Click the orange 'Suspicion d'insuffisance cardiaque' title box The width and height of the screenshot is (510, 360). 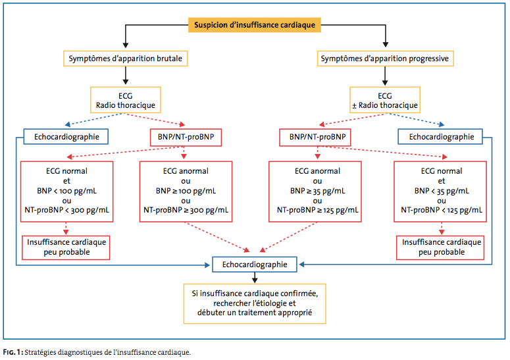click(255, 25)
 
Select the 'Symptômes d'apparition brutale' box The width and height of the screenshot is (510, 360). click(126, 59)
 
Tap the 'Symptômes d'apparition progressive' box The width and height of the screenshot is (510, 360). click(386, 59)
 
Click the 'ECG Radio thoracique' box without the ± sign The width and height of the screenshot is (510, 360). click(126, 100)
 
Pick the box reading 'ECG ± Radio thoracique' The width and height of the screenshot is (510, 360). click(385, 100)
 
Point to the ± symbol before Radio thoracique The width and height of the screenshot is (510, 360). click(354, 106)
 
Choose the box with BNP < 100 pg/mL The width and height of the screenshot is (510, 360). click(66, 192)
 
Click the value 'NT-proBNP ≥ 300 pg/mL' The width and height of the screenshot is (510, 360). click(186, 210)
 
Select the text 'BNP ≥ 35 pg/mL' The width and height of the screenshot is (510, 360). click(317, 191)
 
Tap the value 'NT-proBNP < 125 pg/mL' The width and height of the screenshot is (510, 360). click(442, 210)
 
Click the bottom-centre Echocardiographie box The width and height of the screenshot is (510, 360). click(255, 265)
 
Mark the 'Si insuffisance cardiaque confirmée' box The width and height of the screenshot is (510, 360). click(255, 304)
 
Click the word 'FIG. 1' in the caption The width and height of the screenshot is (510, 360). click(12, 352)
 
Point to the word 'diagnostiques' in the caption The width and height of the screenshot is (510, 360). click(77, 352)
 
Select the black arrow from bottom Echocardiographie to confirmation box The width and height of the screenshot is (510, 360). click(255, 278)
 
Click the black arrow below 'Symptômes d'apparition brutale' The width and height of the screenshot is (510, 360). click(126, 76)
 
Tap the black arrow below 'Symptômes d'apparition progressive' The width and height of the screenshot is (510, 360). click(385, 76)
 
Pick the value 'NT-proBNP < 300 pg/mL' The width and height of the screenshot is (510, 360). click(66, 210)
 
